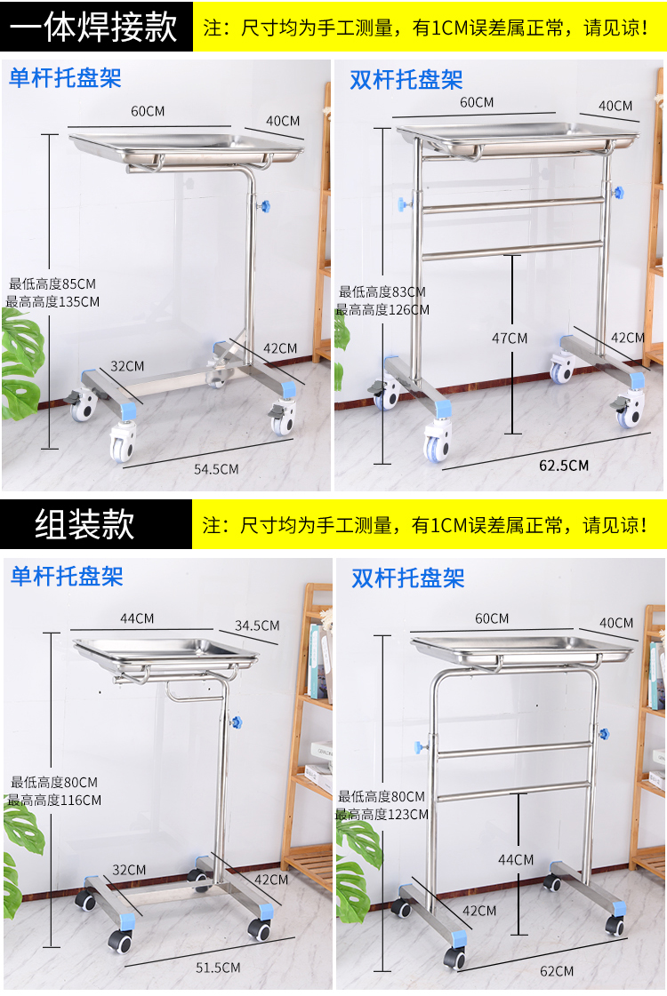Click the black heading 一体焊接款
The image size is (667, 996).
[x=93, y=27]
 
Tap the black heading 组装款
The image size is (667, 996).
[x=84, y=525]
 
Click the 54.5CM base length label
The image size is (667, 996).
[x=216, y=469]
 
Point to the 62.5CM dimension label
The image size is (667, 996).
[x=563, y=466]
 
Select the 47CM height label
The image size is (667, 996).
[x=510, y=339]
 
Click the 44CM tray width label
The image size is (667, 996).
[x=137, y=618]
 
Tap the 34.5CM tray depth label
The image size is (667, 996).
[x=257, y=625]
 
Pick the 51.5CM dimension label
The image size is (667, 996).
[x=218, y=968]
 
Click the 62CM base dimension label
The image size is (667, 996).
[x=557, y=971]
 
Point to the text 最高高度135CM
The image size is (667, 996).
[x=52, y=302]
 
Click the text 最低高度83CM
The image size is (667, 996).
[x=382, y=292]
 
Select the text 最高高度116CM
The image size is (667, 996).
[x=54, y=801]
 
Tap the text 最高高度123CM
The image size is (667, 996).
[x=382, y=815]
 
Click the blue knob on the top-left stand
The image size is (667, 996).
[x=263, y=206]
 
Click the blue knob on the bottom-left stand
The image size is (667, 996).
[x=236, y=723]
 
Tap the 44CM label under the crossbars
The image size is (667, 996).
[x=516, y=860]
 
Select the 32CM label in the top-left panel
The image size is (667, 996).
[x=127, y=367]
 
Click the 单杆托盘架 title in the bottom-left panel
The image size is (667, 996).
[x=67, y=576]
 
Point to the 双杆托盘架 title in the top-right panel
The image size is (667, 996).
[x=406, y=80]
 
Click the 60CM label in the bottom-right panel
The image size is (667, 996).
[x=492, y=618]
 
